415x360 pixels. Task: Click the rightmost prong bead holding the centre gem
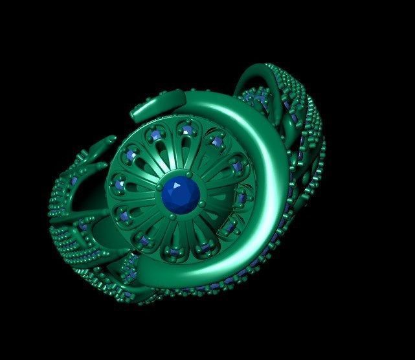tap(202, 204)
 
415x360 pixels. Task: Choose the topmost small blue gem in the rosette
tap(187, 131)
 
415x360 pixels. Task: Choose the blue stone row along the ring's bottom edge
tap(214, 285)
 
